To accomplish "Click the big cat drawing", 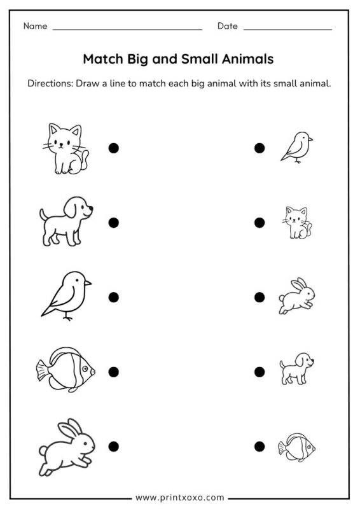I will pos(67,149).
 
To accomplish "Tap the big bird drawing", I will pos(67,295).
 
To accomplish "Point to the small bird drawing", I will pos(296,148).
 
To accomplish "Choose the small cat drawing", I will pos(296,223).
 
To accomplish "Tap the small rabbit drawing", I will pos(297,296).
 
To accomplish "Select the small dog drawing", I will pos(296,370).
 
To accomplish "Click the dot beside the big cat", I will pos(114,148).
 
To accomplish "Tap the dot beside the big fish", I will pos(114,372).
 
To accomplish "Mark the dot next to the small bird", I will pos(260,148).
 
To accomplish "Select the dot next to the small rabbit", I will pos(260,297).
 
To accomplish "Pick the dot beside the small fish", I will pos(260,446).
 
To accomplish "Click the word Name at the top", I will pos(36,26).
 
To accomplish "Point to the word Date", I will pos(227,26).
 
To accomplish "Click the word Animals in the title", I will pos(248,59).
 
